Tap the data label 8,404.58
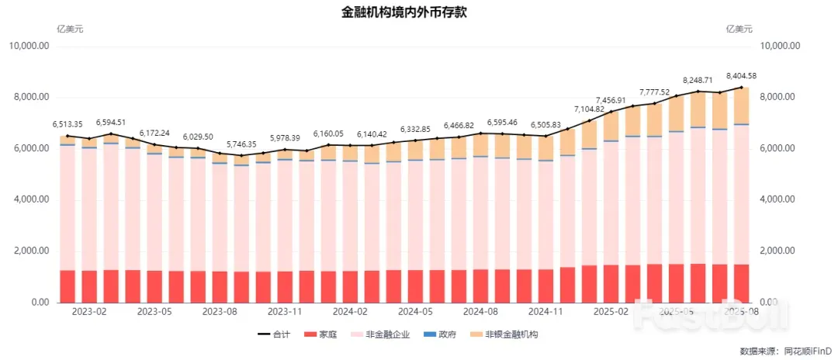(741, 76)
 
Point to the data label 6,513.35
(68, 124)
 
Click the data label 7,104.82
(589, 109)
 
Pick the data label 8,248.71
(698, 80)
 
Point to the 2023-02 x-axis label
(89, 311)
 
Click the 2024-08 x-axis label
(480, 311)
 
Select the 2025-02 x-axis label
(611, 311)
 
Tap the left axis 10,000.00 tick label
(29, 47)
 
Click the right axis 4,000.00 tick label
(781, 199)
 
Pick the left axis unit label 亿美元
(70, 29)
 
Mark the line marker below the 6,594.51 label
(111, 134)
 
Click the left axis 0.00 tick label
(38, 303)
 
